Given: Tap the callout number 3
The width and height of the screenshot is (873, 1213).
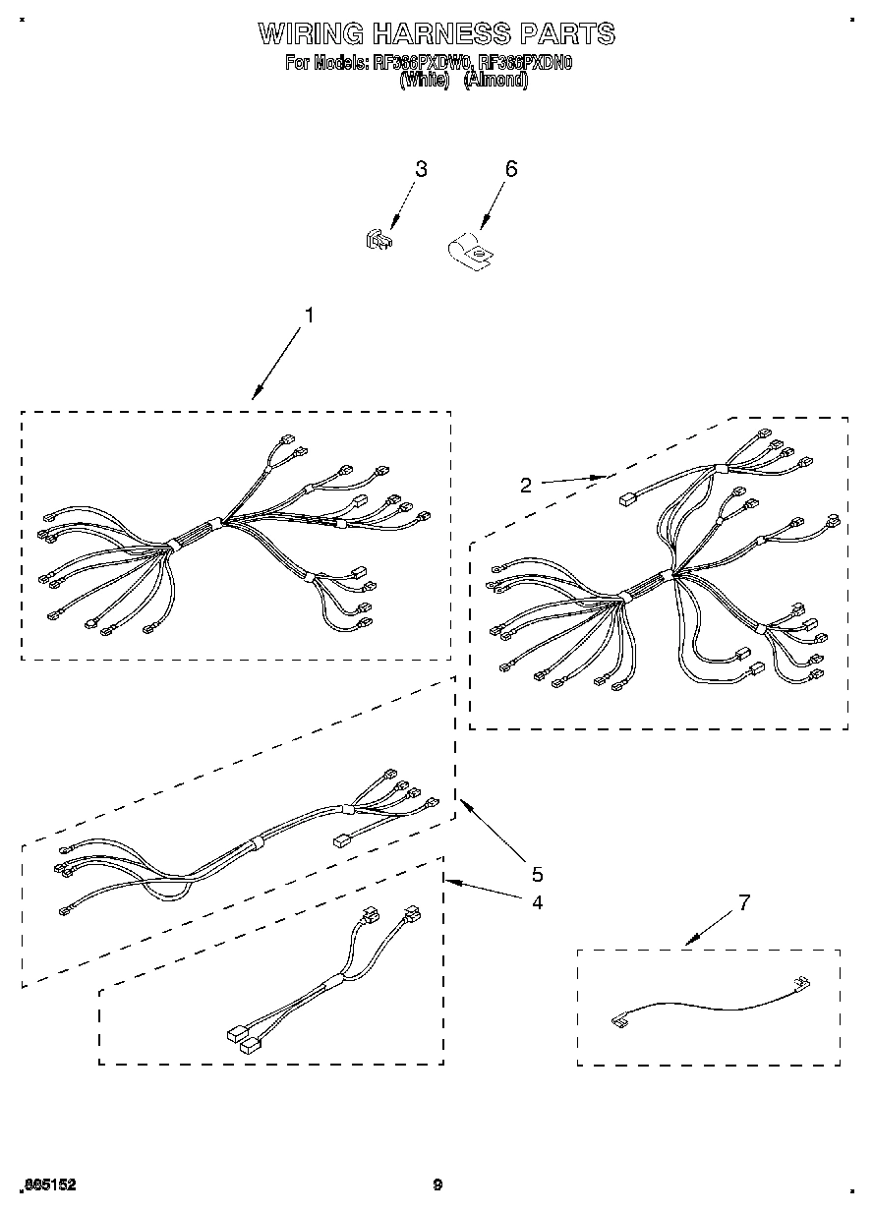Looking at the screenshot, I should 421,169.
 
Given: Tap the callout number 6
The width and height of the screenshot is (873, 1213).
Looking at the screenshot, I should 510,169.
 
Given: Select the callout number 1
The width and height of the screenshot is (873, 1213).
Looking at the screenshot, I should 309,316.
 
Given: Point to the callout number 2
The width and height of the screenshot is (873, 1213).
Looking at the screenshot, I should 526,485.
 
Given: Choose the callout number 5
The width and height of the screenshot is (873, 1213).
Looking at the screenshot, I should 537,874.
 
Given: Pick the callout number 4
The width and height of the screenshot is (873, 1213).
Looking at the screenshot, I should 537,901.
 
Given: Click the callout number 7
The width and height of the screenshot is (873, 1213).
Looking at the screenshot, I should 744,902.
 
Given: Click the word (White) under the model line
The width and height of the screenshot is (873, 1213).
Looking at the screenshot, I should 425,82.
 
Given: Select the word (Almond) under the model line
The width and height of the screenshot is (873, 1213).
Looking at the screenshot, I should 495,82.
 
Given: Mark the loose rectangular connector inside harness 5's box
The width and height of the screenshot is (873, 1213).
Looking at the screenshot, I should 342,841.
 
